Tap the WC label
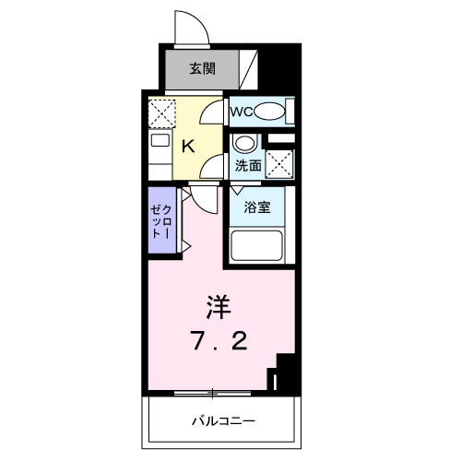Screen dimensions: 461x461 [241, 112]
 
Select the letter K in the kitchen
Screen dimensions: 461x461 [186, 145]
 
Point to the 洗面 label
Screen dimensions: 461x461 [246, 167]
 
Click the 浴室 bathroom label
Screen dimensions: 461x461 [256, 207]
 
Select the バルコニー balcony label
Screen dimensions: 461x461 [222, 421]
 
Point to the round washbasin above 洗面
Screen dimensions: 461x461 [243, 144]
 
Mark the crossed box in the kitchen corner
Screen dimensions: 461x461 [162, 113]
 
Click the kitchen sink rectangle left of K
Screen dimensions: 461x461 [160, 142]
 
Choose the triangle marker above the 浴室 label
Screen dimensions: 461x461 [237, 191]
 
